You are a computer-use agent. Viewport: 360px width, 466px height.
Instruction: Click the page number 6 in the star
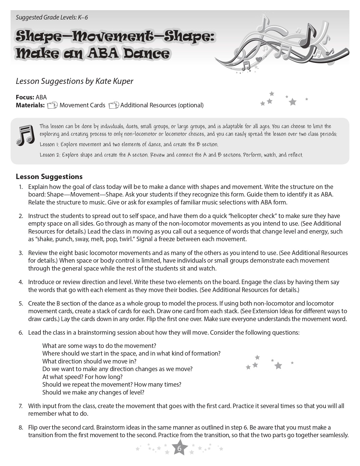[179, 448]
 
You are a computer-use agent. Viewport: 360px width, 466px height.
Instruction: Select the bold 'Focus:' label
[25, 97]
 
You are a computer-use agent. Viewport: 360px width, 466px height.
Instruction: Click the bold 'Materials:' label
[30, 105]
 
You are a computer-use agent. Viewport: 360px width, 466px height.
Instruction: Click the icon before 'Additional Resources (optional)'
[114, 105]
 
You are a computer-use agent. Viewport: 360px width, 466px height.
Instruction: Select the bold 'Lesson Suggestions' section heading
[49, 177]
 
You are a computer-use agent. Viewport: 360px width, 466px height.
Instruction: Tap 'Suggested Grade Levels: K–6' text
[52, 18]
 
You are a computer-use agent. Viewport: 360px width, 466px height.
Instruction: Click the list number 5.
[21, 304]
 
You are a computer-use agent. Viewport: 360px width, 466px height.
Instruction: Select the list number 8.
[21, 428]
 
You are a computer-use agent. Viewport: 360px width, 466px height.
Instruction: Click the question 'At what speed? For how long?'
[82, 377]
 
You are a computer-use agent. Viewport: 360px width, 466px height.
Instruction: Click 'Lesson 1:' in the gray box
[49, 145]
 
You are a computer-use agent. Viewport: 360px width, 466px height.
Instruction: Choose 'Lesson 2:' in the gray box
[50, 155]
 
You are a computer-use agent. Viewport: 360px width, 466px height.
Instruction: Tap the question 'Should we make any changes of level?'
[93, 392]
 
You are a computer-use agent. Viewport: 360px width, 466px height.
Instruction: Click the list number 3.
[21, 253]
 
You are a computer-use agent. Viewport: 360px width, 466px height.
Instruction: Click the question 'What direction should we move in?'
[89, 361]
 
